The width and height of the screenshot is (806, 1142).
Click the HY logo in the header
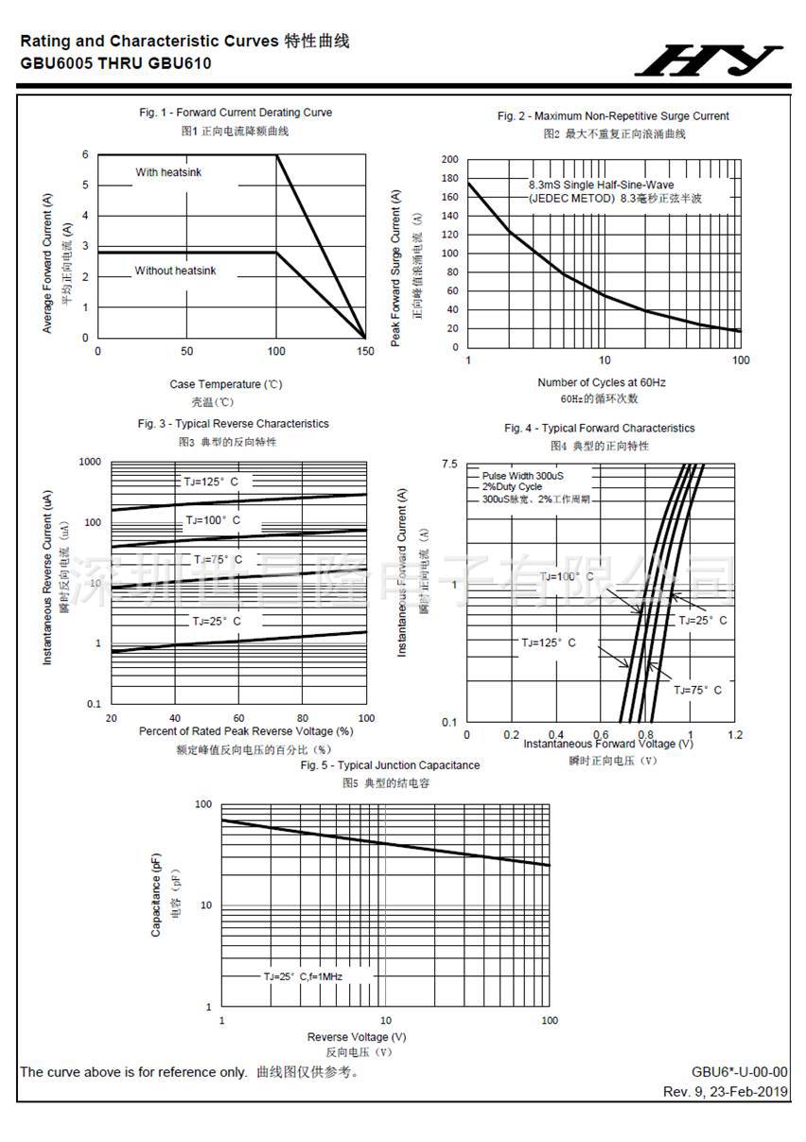(709, 61)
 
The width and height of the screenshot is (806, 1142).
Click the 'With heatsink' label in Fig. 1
(168, 172)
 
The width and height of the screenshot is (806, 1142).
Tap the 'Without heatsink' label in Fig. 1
(175, 271)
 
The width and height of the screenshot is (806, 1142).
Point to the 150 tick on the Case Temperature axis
(366, 352)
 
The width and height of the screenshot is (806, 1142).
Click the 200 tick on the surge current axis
(449, 160)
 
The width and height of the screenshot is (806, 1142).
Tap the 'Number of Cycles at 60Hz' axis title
(602, 382)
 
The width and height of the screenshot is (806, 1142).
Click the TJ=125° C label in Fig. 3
(211, 482)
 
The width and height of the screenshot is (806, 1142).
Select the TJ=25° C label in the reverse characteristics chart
(217, 622)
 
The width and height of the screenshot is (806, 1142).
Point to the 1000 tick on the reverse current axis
(90, 462)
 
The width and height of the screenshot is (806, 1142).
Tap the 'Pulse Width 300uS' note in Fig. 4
(522, 475)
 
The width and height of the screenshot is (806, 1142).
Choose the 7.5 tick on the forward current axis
(449, 464)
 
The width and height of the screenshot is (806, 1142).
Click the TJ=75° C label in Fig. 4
(698, 690)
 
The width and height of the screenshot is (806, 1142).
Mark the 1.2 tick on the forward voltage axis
(735, 735)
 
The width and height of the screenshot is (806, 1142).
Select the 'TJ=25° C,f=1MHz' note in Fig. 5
(303, 975)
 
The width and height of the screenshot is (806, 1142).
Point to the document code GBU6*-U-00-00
(740, 1072)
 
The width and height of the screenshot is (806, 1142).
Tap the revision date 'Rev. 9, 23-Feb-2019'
(726, 1092)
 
